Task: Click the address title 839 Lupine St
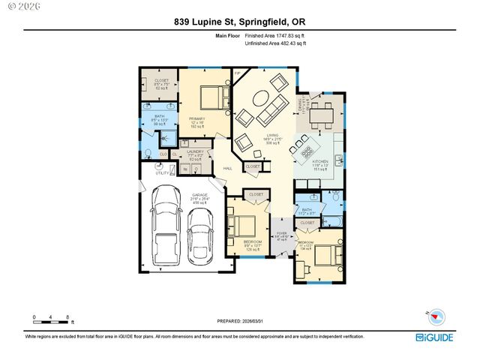pyautogui.click(x=240, y=22)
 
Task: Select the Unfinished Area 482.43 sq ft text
pyautogui.click(x=276, y=43)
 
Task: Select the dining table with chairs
pyautogui.click(x=323, y=114)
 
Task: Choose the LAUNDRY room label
pyautogui.click(x=195, y=151)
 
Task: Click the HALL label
pyautogui.click(x=227, y=169)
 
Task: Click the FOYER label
pyautogui.click(x=282, y=233)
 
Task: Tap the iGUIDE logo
pyautogui.click(x=434, y=337)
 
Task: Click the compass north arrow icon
pyautogui.click(x=436, y=316)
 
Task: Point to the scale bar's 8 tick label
pyautogui.click(x=67, y=317)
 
